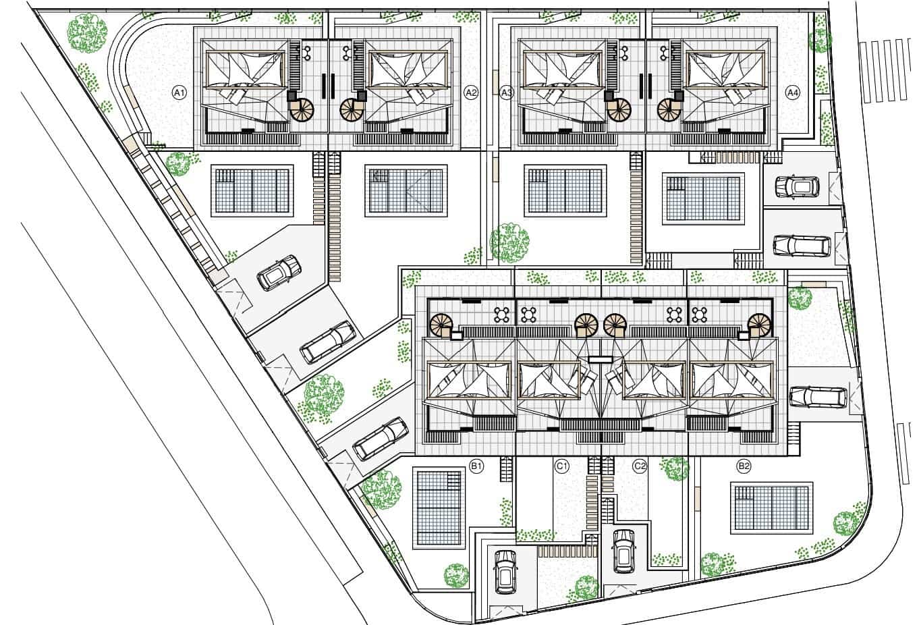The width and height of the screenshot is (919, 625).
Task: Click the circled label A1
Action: click(179, 93)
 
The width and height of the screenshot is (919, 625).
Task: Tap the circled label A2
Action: click(471, 93)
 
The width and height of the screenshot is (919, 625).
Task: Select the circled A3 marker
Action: click(507, 93)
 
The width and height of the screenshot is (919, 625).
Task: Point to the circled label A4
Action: click(793, 93)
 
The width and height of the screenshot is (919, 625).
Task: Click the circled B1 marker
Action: click(476, 466)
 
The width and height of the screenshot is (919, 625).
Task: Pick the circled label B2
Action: click(744, 466)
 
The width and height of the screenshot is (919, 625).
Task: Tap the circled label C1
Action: click(561, 466)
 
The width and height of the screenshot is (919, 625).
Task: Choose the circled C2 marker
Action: click(640, 466)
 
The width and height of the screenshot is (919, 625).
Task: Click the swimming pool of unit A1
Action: click(252, 191)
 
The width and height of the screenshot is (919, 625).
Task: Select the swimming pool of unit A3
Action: click(565, 191)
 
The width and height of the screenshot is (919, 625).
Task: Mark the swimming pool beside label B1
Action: click(439, 508)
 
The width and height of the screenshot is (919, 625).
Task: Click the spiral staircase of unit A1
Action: click(302, 109)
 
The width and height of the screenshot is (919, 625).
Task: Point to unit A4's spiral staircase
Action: click(669, 109)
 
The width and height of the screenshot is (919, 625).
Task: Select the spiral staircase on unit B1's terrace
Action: click(441, 325)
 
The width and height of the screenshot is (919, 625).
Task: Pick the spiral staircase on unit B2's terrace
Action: click(759, 325)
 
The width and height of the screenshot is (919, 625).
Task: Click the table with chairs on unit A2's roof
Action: click(347, 52)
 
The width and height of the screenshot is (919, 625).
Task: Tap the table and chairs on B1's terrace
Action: click(502, 315)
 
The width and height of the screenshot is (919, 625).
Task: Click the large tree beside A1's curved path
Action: click(88, 33)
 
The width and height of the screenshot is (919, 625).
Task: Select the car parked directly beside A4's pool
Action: click(797, 186)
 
